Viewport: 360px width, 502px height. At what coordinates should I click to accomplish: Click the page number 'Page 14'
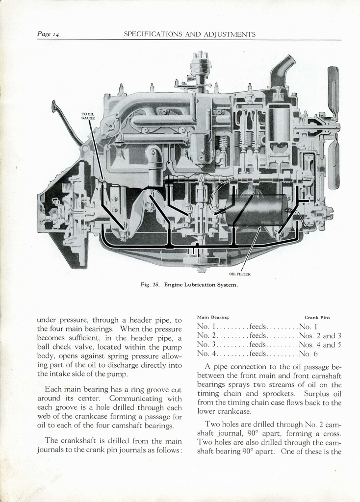(48, 34)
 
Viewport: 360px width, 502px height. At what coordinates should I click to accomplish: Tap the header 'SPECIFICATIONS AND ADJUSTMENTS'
(189, 34)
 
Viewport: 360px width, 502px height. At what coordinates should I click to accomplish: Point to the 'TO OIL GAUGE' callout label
(88, 116)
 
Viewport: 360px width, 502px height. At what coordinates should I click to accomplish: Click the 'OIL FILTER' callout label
(240, 274)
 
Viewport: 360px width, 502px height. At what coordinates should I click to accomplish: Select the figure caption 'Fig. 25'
(152, 285)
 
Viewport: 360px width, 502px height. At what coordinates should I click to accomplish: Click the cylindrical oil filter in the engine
(257, 210)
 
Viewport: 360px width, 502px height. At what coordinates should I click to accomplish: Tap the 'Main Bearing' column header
(212, 317)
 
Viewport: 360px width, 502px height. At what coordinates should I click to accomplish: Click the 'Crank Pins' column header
(317, 318)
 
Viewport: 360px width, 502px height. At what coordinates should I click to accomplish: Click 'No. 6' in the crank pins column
(309, 353)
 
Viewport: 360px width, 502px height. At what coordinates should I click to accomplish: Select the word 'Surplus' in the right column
(317, 394)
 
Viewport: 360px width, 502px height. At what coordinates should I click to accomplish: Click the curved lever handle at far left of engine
(65, 120)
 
